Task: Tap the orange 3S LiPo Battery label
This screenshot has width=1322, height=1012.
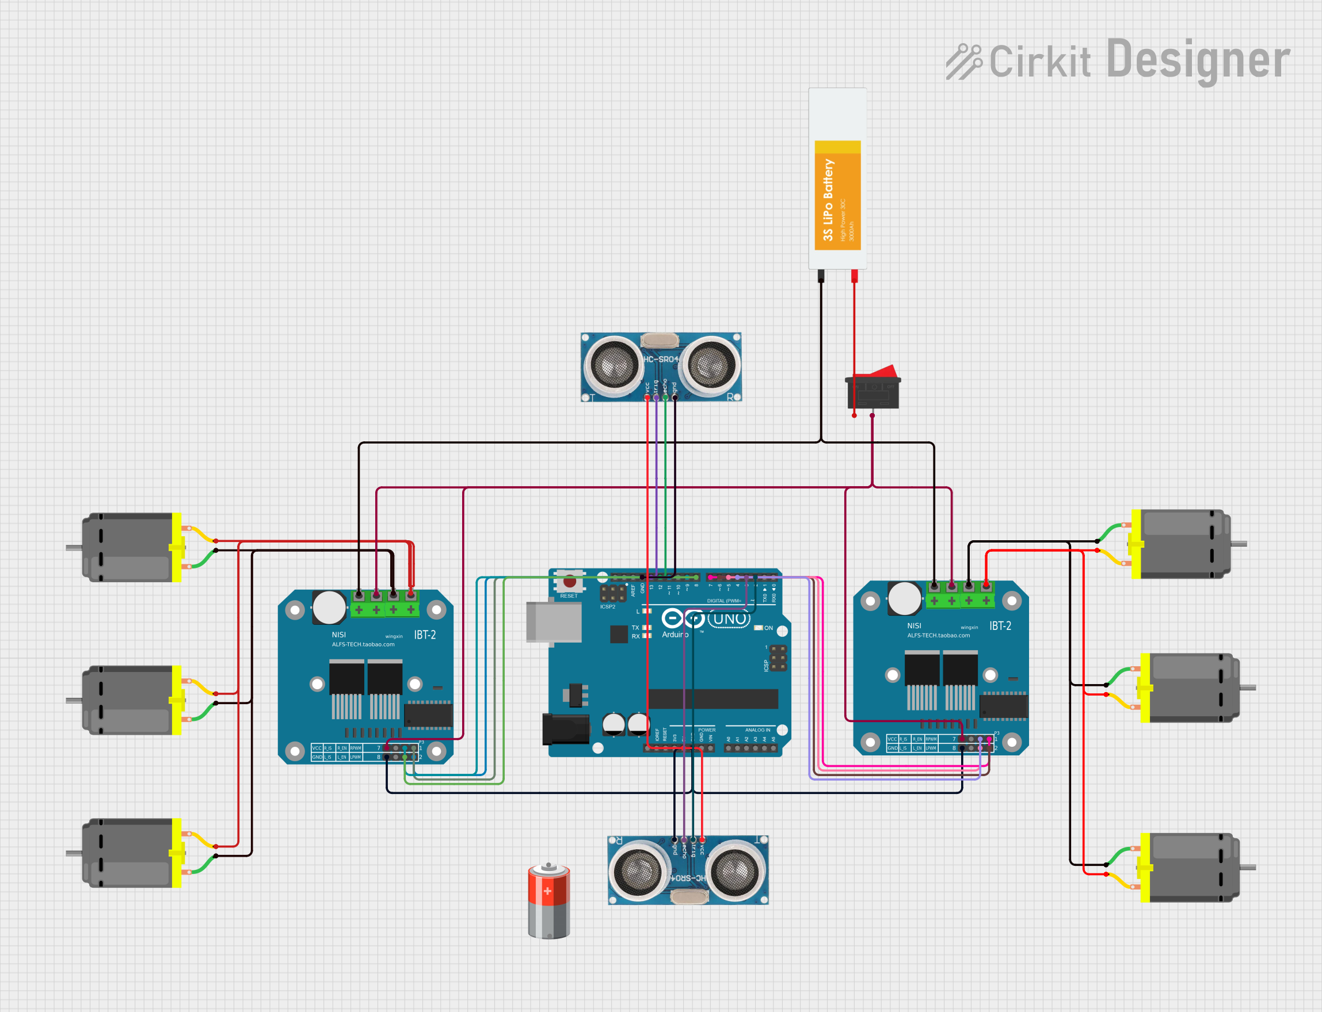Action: point(837,195)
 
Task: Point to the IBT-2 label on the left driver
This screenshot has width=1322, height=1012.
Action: point(425,635)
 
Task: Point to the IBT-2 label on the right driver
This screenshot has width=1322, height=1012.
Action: point(1000,626)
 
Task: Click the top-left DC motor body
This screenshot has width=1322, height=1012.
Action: point(129,547)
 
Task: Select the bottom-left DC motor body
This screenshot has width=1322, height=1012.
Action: point(129,853)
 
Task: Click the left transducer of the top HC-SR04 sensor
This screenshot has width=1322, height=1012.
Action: point(614,364)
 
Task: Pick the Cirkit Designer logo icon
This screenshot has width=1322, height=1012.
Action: point(963,62)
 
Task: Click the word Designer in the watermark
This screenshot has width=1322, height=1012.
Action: point(1198,60)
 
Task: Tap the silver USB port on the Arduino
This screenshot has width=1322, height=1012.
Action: point(553,622)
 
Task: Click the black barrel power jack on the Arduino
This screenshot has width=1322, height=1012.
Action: point(565,729)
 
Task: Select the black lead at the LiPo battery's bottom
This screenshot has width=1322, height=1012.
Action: point(821,277)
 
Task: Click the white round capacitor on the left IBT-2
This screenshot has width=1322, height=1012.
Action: point(329,607)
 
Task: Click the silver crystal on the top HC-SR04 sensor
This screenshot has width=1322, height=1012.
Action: point(660,341)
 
